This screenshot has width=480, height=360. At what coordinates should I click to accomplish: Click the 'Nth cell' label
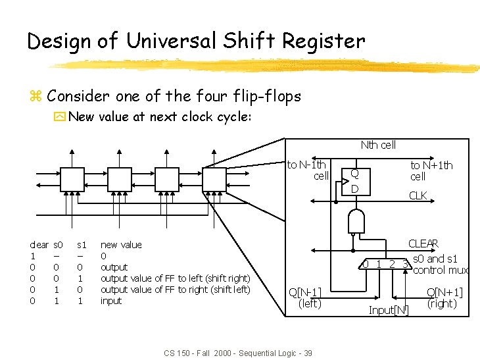pos(378,145)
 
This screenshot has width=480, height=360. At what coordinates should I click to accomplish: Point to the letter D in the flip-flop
pos(354,189)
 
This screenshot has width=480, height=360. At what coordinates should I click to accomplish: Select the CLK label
pos(418,195)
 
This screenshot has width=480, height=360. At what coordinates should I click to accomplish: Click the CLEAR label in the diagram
pos(423,244)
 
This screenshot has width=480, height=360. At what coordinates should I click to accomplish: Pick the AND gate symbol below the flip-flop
pos(356,222)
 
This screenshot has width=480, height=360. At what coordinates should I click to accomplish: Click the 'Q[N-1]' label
pos(306,293)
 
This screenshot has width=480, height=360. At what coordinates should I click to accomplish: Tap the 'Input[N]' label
pos(389,310)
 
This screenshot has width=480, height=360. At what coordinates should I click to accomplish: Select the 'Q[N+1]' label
pos(445,292)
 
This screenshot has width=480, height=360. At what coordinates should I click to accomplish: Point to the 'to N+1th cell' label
pos(431,171)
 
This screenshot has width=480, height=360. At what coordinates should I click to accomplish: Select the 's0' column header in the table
pos(58,245)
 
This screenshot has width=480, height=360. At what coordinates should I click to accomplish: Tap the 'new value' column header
pos(121,245)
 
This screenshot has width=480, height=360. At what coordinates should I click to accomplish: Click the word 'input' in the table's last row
pos(111,301)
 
